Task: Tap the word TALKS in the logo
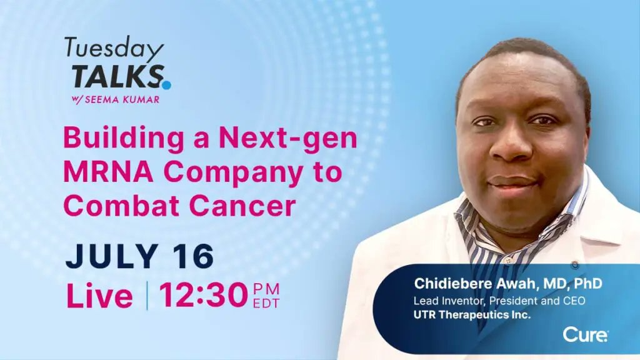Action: coord(116,76)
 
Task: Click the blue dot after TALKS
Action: coord(166,84)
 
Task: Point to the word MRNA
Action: coord(104,173)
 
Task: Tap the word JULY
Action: coord(110,256)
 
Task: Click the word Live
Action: coord(99,296)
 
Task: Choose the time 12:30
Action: coord(203,296)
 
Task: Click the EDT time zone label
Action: coord(266,304)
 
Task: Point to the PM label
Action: coord(266,289)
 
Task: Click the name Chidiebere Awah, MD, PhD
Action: coord(508,283)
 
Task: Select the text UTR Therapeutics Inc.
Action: coord(472,314)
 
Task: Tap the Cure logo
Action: coord(585,335)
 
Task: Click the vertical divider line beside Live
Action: coord(147,296)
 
